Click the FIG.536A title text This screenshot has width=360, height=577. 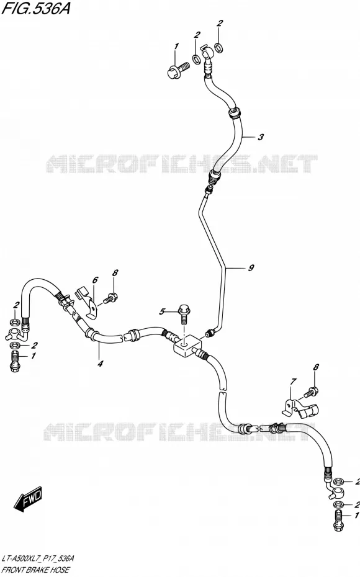tap(36, 8)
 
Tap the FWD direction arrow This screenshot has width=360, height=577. tap(29, 499)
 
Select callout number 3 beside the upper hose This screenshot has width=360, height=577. tap(261, 137)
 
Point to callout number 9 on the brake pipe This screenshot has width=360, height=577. tap(251, 267)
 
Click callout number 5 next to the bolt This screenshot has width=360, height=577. tap(162, 312)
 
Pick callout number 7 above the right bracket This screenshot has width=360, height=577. tap(293, 382)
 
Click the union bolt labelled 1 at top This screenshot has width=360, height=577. tap(178, 71)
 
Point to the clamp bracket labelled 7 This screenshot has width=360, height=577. tap(300, 408)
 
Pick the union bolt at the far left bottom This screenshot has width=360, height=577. tap(15, 361)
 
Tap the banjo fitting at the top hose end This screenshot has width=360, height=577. tap(207, 56)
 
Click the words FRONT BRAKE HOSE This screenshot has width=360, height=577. tap(36, 570)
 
